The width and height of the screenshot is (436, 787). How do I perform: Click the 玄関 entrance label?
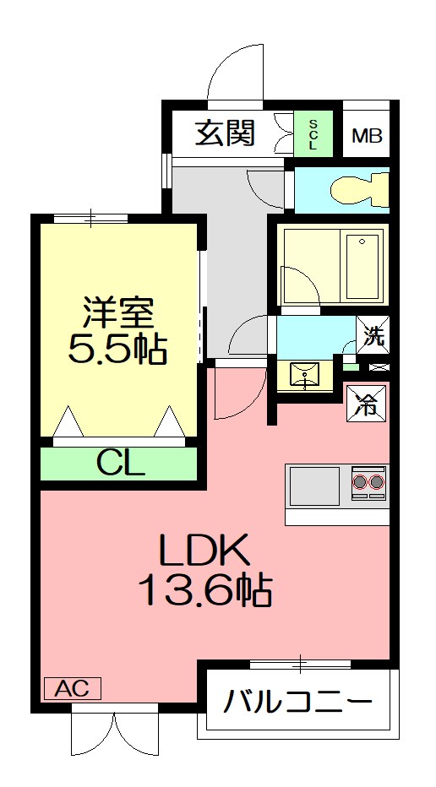click(225, 133)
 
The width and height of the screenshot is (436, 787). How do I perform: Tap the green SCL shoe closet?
click(313, 133)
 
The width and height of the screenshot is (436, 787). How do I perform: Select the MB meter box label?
click(367, 135)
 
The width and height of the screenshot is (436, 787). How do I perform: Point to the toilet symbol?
click(359, 190)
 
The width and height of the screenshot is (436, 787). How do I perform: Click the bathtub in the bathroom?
click(362, 265)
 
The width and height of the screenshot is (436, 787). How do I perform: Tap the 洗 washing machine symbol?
click(373, 336)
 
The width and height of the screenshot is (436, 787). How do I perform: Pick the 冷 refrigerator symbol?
click(367, 404)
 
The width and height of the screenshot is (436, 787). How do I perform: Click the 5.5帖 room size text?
click(117, 349)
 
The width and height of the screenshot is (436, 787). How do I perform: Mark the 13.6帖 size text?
click(205, 590)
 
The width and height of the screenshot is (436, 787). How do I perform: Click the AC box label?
click(73, 687)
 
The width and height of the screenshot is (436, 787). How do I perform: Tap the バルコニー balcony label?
click(298, 700)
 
